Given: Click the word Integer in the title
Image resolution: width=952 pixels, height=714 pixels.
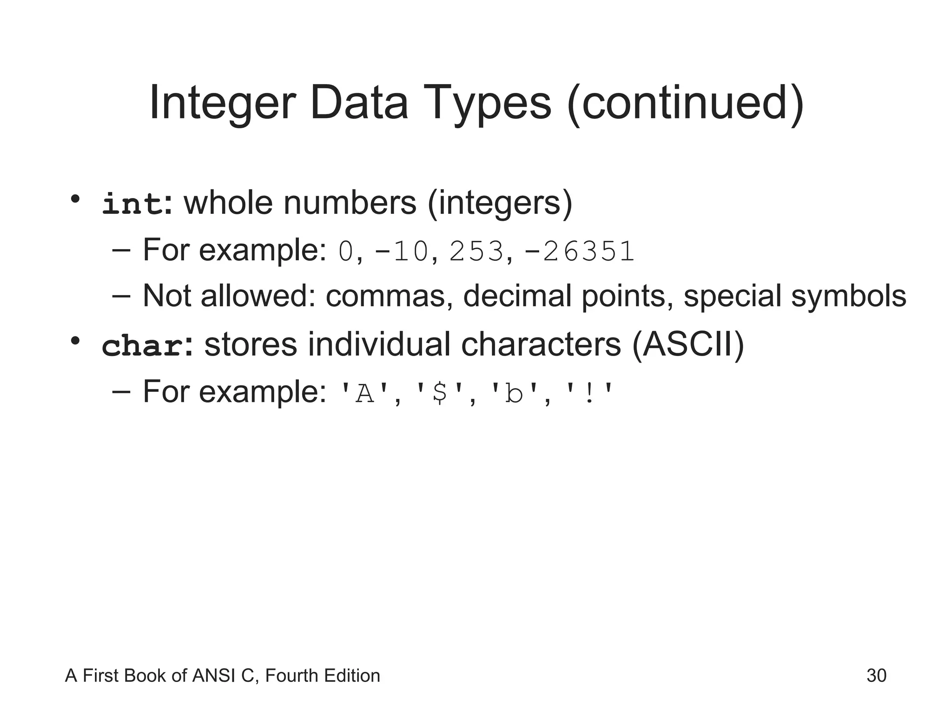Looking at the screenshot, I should pyautogui.click(x=222, y=103).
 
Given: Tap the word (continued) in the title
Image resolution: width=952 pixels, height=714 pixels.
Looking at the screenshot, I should pyautogui.click(x=686, y=103).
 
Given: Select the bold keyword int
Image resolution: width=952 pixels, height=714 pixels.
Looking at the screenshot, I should pyautogui.click(x=132, y=204).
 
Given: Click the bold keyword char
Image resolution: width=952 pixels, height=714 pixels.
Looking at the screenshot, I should pyautogui.click(x=142, y=346).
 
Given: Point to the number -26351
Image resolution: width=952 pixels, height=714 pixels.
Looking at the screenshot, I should pyautogui.click(x=579, y=251).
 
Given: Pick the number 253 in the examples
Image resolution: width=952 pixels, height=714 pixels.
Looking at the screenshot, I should pyautogui.click(x=476, y=251).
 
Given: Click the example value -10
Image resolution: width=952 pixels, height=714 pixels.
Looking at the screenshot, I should pyautogui.click(x=401, y=251).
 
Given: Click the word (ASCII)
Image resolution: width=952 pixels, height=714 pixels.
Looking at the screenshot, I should pyautogui.click(x=688, y=345).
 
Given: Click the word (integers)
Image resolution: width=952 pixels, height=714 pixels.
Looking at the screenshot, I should pyautogui.click(x=500, y=203).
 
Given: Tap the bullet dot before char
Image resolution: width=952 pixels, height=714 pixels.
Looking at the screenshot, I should pyautogui.click(x=75, y=341).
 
